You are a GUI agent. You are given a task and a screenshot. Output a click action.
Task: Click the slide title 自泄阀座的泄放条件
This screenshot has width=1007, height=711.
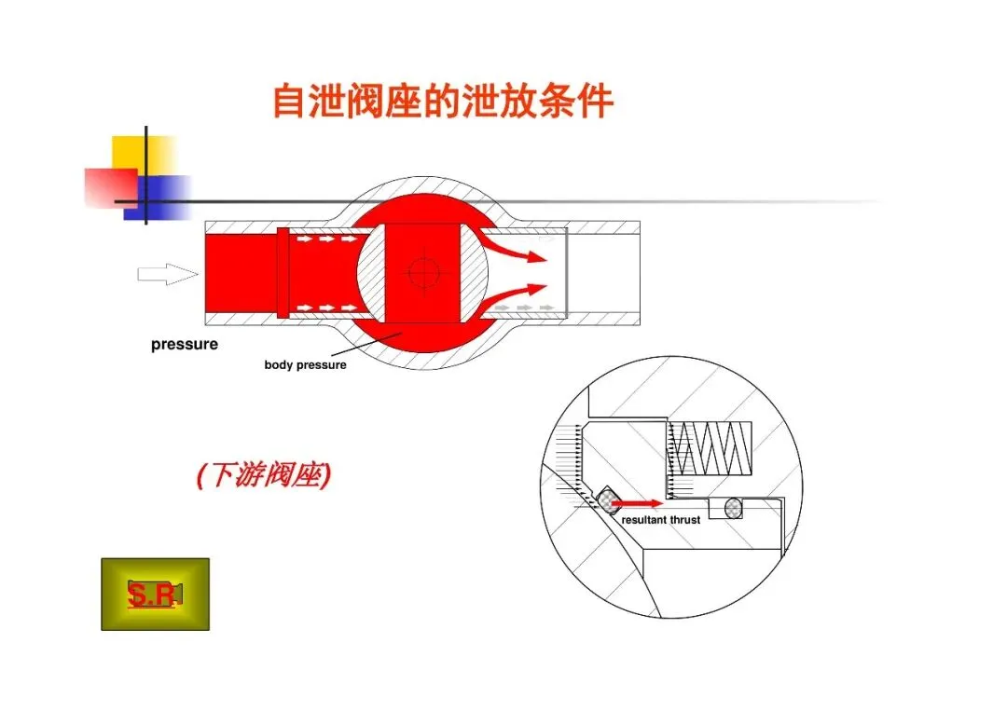tap(443, 101)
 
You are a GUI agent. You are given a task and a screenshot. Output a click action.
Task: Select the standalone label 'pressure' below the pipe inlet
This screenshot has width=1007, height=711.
tap(185, 345)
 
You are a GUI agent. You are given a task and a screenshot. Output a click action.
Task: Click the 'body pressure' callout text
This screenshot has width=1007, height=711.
tap(305, 365)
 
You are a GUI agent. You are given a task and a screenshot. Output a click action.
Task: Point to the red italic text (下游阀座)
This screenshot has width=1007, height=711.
tap(264, 476)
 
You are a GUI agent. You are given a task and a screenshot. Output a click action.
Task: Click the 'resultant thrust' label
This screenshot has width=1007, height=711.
tap(660, 520)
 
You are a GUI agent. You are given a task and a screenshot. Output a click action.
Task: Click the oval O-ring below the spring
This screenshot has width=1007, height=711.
tap(735, 509)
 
